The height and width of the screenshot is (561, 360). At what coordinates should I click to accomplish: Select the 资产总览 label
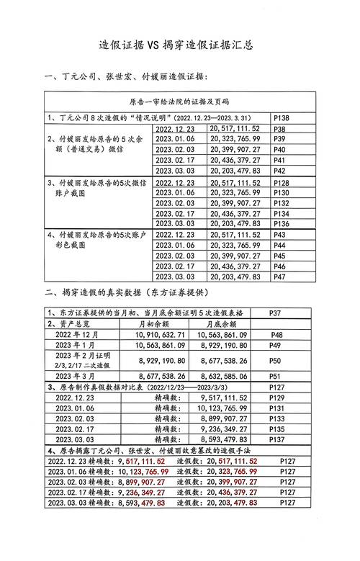point(73,324)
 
